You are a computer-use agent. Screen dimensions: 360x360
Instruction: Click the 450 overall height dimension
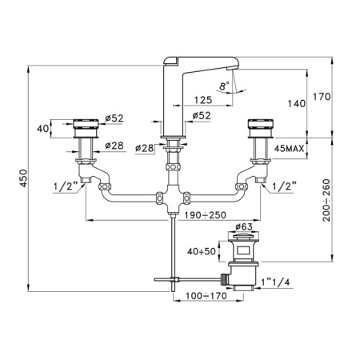24,178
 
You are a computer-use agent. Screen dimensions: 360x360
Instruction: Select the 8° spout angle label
224,86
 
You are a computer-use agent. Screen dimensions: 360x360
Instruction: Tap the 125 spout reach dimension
203,100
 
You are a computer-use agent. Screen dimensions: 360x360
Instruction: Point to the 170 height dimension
322,97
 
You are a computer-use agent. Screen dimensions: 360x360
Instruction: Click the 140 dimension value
297,103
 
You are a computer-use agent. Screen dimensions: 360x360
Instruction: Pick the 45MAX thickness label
290,149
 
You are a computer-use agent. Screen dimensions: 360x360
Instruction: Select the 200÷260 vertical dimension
326,200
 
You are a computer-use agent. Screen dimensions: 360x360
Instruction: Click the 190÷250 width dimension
206,215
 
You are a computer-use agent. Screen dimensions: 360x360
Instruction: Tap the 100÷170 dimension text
206,296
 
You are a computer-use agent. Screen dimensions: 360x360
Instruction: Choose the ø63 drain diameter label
244,226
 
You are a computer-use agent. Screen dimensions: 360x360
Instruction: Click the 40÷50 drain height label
202,251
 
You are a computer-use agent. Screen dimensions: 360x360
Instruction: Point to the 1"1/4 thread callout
275,282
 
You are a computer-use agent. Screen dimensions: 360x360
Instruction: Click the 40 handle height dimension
42,129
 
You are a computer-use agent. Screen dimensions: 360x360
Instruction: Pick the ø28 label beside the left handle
114,146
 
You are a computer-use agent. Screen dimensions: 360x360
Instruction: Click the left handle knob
86,129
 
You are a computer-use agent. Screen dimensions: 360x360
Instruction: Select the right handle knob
261,129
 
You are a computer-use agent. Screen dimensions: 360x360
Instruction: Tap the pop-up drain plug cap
243,238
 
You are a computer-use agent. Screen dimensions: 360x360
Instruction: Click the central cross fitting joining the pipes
173,198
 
